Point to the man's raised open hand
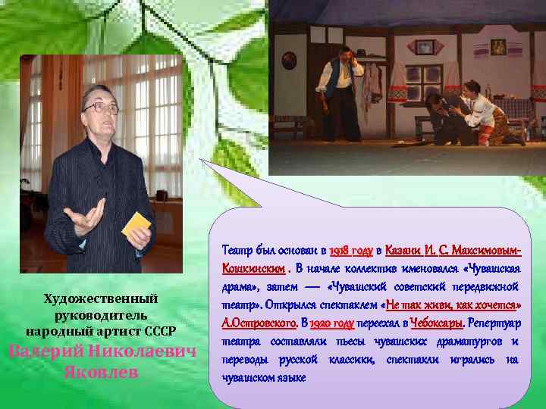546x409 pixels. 85,215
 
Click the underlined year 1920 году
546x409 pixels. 331,324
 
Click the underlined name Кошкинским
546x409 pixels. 253,268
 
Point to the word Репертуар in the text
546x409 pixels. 494,324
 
